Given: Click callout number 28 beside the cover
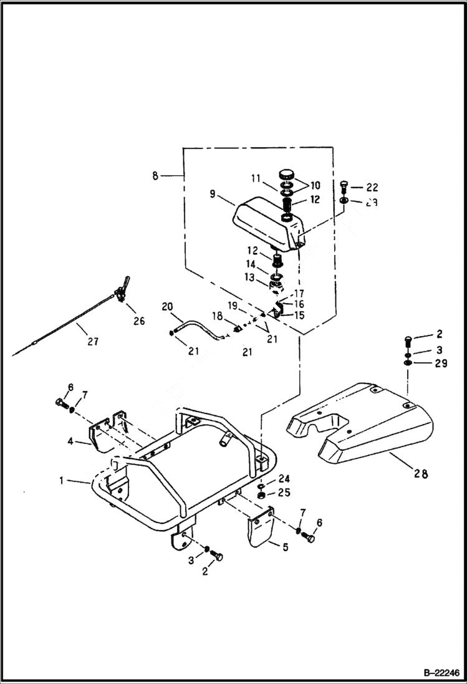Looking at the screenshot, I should point(421,474).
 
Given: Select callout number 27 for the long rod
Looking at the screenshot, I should point(92,341).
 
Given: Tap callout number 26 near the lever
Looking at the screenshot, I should point(138,320).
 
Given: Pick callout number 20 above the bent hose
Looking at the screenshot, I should point(167,306).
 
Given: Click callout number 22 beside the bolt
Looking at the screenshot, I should point(372,187).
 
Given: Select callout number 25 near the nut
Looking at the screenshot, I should point(284,493).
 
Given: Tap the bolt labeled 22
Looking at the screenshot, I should point(344,186).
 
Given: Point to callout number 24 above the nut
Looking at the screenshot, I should point(284,479).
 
